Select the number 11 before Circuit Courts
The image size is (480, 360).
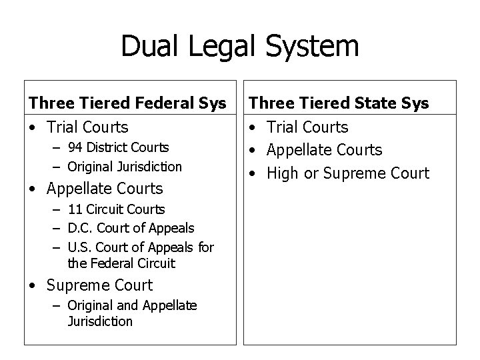tap(74, 210)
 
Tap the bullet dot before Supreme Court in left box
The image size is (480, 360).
tap(33, 286)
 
